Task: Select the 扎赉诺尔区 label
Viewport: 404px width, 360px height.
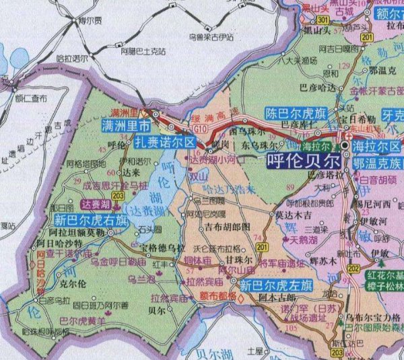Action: coord(166,143)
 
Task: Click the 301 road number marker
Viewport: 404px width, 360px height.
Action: coord(324,21)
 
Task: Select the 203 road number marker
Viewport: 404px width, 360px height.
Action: coord(118,194)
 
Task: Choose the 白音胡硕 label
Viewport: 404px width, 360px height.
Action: coord(378,180)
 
